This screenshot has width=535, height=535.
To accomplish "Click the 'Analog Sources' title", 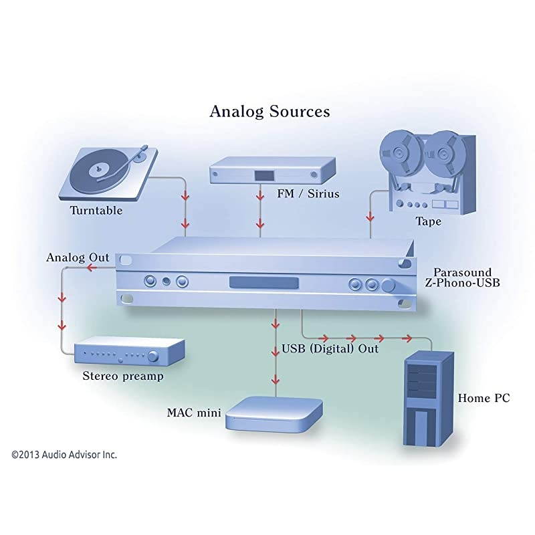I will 270,111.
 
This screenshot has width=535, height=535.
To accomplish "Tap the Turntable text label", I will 96,210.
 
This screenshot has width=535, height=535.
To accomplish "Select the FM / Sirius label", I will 308,194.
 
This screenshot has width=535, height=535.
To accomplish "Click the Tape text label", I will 428,221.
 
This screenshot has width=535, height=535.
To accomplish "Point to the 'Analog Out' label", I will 78,257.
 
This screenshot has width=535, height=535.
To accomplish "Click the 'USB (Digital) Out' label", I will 330,348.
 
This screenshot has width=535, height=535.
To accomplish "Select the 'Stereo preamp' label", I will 122,376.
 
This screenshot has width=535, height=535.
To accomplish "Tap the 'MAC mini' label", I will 193,412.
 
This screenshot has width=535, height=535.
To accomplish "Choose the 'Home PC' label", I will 484,398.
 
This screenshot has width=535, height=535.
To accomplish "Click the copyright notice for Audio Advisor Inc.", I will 64,454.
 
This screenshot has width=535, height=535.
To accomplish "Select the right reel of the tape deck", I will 444,153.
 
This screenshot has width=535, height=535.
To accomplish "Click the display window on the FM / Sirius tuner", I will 262,175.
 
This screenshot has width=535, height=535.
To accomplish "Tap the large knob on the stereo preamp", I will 154,354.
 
